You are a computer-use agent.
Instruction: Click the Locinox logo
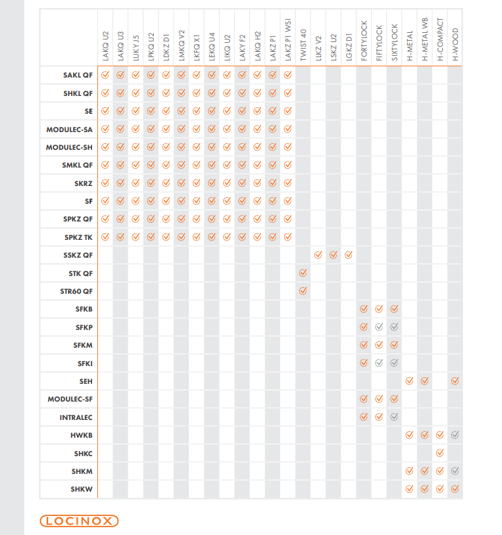coord(79,521)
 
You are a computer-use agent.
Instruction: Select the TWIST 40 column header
coord(303,45)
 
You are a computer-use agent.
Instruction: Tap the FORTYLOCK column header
coord(364,41)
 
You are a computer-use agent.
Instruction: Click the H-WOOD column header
coord(455,44)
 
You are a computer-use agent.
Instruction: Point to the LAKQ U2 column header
coord(105,46)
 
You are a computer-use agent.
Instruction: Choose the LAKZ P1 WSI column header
coord(288,39)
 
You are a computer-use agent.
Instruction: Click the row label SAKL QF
coord(78,75)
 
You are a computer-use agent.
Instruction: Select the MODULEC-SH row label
coord(69,147)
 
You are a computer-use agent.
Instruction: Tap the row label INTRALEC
coord(76,417)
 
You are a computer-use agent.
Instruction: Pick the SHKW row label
coord(82,489)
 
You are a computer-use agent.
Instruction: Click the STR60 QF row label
coord(76,291)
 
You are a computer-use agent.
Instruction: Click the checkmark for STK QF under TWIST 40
coord(303,273)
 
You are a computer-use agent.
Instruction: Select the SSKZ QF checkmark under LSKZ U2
coord(334,255)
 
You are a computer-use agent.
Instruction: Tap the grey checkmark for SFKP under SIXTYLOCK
coord(394,327)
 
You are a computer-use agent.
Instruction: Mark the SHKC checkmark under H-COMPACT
coord(440,453)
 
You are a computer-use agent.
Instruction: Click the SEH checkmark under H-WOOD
coord(455,381)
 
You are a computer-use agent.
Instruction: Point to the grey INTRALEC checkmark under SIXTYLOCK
coord(394,417)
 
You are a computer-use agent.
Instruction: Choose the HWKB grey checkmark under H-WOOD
coord(455,434)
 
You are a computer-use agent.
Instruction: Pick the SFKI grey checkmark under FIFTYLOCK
coord(379,363)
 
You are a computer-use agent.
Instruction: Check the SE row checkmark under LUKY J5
coord(136,111)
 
